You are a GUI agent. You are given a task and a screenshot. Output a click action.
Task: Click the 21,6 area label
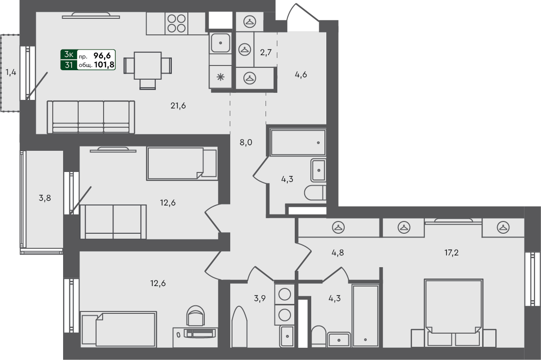(178, 106)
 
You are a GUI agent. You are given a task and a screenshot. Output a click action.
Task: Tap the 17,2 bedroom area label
(451, 253)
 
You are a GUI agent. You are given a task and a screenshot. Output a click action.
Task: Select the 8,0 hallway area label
(246, 142)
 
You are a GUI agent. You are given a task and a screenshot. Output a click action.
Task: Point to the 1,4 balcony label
(11, 73)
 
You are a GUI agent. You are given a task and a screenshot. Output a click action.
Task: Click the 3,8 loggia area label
(45, 198)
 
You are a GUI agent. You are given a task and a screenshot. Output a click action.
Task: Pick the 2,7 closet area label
(266, 52)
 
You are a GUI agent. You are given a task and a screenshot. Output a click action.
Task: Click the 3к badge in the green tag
(69, 55)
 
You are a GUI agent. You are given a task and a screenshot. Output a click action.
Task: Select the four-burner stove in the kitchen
(176, 24)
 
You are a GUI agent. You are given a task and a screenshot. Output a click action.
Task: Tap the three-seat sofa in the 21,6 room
(91, 117)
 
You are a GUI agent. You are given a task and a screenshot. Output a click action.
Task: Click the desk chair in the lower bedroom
(195, 316)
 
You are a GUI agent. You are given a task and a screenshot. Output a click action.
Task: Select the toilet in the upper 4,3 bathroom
(315, 193)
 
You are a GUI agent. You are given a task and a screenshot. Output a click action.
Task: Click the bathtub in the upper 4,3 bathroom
(298, 143)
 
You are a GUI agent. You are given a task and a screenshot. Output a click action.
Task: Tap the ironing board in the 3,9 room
(239, 327)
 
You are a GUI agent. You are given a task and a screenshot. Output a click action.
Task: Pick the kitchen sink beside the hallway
(220, 43)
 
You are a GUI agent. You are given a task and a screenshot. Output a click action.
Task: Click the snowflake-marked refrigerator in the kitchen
(220, 77)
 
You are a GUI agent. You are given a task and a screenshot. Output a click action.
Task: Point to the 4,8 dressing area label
(338, 253)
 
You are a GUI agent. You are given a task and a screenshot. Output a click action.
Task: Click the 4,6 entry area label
(301, 74)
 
